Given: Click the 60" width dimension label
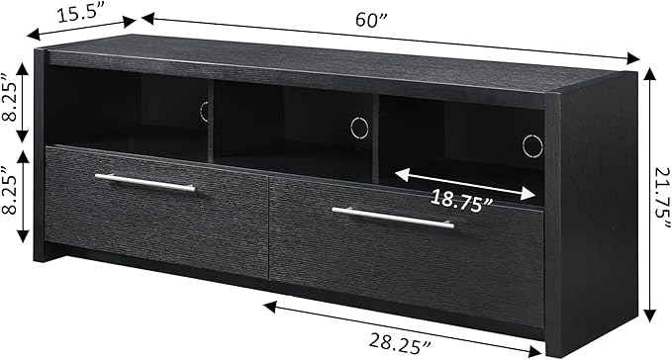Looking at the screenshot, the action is click(371, 20).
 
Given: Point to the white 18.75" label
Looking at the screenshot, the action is click(462, 201).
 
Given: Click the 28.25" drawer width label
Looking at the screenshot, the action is click(400, 341).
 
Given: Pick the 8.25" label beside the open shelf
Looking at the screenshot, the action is click(10, 98).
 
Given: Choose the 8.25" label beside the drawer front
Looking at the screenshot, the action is click(10, 189).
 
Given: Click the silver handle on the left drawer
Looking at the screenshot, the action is click(145, 183).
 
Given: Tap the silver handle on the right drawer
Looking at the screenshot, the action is click(393, 218).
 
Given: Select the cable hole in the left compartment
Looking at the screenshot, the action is click(204, 112).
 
